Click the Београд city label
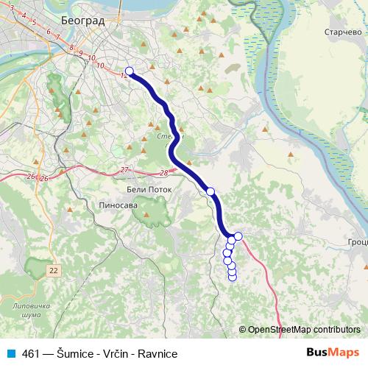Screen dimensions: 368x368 click(82, 21)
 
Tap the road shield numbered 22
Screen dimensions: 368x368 click(53, 271)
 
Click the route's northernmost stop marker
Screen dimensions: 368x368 click(129, 71)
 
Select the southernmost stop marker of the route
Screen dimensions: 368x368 click(233, 277)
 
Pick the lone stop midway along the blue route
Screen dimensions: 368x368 click(210, 191)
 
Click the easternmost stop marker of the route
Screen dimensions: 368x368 click(238, 236)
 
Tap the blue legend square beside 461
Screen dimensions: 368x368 click(11, 353)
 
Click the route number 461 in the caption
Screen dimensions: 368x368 click(31, 353)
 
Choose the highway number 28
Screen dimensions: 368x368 click(163, 172)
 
